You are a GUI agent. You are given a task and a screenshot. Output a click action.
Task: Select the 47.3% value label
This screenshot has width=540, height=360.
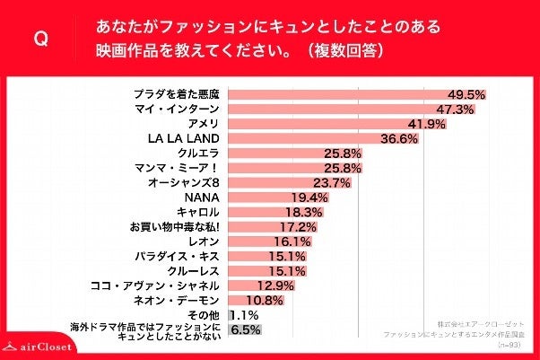click(x=455, y=109)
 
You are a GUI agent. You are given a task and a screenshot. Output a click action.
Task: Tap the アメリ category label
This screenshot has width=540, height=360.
click(x=203, y=123)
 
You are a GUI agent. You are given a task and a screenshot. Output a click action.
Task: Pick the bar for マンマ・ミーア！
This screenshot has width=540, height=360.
click(x=296, y=168)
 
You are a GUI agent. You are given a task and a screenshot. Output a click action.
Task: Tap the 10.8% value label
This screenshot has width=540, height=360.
click(x=265, y=300)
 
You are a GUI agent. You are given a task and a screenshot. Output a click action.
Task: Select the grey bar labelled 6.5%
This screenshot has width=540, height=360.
click(x=244, y=330)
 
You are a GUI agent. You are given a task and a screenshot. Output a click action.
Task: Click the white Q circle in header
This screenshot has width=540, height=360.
click(x=39, y=39)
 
